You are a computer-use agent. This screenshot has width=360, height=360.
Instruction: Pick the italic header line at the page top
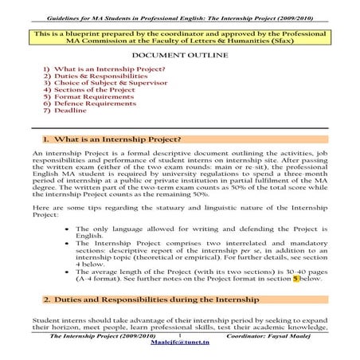(179, 6)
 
